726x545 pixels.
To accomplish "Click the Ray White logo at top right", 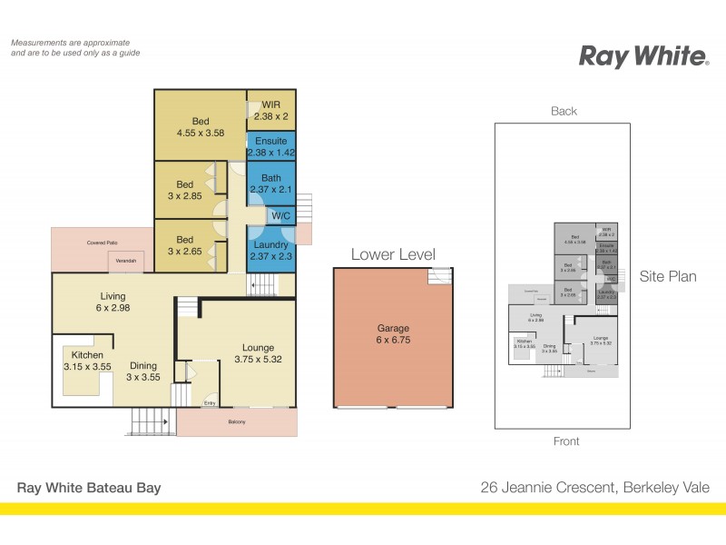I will (643, 56).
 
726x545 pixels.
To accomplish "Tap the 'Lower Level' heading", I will (393, 254).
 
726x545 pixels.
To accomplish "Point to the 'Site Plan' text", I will (667, 276).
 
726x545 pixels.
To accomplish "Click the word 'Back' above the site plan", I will (564, 112).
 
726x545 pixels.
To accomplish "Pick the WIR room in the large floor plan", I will (270, 111).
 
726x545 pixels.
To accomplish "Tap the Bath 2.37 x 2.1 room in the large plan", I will (270, 183).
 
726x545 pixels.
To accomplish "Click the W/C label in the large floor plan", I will (280, 216).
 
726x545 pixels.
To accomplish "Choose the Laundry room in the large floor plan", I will (270, 251).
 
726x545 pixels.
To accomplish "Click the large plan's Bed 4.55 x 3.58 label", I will (201, 127).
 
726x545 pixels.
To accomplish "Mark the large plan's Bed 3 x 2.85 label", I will (185, 191).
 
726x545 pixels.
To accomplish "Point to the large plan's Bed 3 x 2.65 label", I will (185, 245).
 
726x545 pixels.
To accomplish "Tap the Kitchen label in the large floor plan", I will (83, 361).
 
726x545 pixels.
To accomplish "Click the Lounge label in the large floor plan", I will (258, 352).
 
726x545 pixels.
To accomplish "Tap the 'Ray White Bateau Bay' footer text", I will (89, 488).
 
